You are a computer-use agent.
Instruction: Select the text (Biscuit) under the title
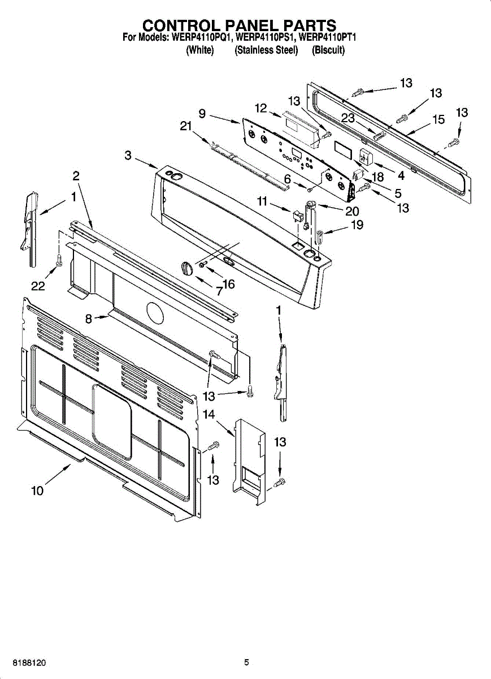point(328,50)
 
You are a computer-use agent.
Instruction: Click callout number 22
point(38,286)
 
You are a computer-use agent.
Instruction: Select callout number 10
point(37,491)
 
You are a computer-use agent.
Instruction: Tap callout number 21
point(186,127)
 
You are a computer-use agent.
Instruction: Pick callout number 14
point(209,415)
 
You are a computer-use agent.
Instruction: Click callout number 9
point(202,114)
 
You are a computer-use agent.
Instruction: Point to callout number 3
point(128,155)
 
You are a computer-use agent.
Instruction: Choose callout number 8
point(89,319)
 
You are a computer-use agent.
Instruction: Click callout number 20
point(352,212)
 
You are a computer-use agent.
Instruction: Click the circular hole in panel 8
point(154,311)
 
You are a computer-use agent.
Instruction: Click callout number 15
point(438,119)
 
